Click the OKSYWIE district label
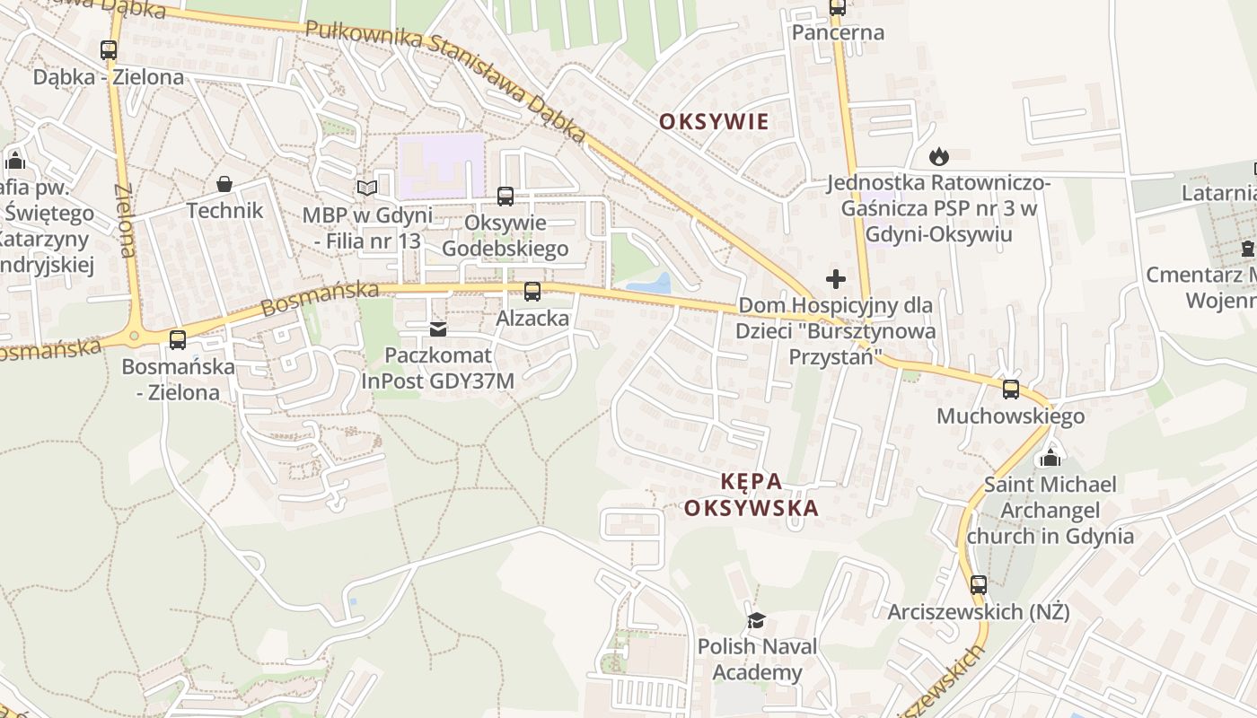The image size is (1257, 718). pos(714,122)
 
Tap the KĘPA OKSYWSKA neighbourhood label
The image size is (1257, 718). pos(752,495)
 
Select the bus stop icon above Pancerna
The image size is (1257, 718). pos(837,8)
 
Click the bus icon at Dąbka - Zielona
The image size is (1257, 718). pos(109,50)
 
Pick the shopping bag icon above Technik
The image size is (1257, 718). pos(224,184)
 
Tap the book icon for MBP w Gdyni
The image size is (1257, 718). pos(365,188)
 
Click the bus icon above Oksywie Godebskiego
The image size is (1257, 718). pos(505,196)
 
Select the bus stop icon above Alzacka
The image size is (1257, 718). pos(532,291)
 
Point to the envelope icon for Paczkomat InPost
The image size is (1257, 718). pos(437,329)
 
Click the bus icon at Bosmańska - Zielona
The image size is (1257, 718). pos(178,339)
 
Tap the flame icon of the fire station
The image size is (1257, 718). pos(938,157)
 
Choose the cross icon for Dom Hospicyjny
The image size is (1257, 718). pos(836,279)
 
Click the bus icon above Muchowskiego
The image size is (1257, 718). pos(1011,390)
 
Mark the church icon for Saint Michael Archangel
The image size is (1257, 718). pos(1050,459)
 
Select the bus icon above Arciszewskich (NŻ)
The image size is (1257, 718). pos(979,585)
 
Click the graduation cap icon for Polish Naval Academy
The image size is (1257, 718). pos(757,620)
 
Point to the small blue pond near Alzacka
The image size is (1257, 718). pos(650,285)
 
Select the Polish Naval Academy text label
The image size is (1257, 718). pos(758,660)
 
